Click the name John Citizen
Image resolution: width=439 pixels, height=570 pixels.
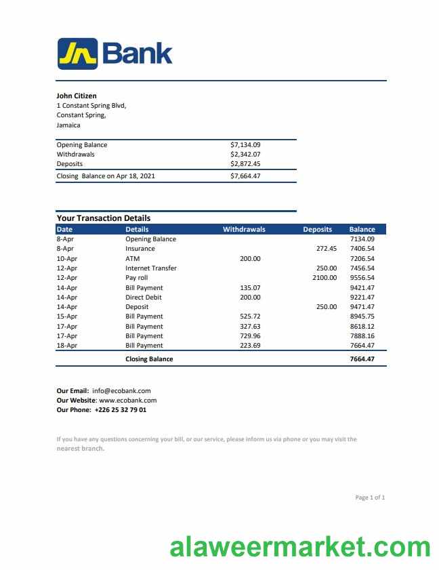click(x=76, y=96)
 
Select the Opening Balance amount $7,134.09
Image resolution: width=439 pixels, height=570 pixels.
click(x=245, y=145)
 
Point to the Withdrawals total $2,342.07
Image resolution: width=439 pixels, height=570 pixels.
click(x=245, y=155)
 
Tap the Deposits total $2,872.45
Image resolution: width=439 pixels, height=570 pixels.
click(x=245, y=164)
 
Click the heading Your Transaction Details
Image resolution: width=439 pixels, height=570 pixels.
click(x=103, y=218)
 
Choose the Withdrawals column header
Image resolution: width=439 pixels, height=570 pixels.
click(x=244, y=230)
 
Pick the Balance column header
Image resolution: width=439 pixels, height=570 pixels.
click(x=362, y=230)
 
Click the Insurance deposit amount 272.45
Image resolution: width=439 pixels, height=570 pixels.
click(x=326, y=249)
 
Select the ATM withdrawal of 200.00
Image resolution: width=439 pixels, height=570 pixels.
click(x=250, y=259)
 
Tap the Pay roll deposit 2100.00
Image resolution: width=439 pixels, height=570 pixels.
click(x=324, y=278)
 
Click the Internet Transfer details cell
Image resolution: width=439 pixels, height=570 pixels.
click(x=150, y=268)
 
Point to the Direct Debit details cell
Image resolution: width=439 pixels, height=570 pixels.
click(x=144, y=298)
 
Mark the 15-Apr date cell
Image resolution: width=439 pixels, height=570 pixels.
click(x=66, y=317)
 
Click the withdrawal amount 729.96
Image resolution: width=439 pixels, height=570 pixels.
click(x=250, y=336)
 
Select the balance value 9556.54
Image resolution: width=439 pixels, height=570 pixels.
click(x=362, y=278)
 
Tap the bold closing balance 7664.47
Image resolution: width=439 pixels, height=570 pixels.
click(x=362, y=359)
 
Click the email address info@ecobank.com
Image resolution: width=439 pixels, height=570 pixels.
click(x=121, y=391)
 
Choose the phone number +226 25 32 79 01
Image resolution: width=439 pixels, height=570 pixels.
click(x=120, y=410)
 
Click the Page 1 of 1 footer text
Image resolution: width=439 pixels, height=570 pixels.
click(x=370, y=498)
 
